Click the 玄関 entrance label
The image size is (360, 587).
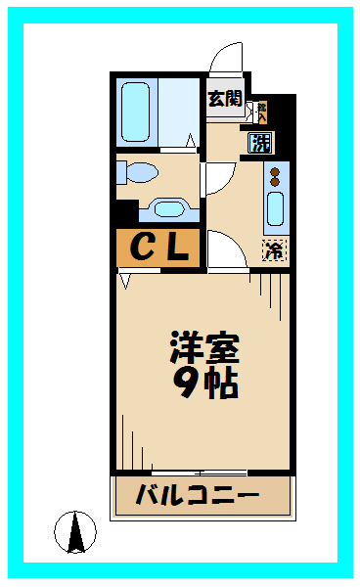225,98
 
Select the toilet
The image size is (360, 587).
138,173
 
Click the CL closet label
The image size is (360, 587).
158,248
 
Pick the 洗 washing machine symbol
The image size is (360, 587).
260,144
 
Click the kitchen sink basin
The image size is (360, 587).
276,211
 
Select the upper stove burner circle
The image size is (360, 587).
276,171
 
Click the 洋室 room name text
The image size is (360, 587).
204,347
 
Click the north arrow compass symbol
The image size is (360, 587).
75,533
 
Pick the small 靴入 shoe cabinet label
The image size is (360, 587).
260,111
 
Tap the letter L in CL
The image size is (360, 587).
178,248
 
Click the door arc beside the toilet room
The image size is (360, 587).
217,177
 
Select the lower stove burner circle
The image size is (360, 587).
276,183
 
